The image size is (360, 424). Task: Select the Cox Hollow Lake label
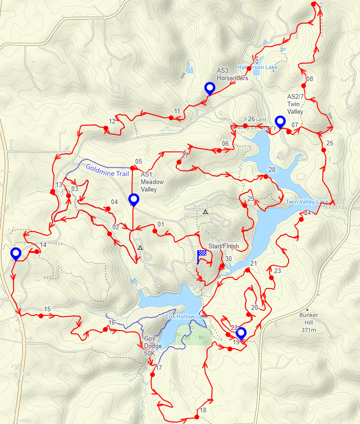point(187,317)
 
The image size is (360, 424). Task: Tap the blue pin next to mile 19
point(241,333)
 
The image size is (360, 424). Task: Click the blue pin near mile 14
point(16,253)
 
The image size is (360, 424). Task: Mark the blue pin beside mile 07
point(280,121)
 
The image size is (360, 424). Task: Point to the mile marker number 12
point(112,122)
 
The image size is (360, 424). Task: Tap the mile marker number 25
point(330,143)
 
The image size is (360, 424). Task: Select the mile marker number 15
point(47,309)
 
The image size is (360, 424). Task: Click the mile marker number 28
point(272,170)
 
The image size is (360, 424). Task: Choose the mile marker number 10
point(255,62)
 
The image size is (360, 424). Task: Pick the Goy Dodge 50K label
point(152,346)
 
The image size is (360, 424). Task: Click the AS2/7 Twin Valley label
point(295,104)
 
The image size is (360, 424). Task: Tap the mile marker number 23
point(277,271)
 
